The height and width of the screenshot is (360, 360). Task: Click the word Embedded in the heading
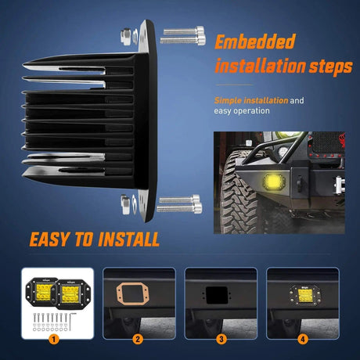[255, 41]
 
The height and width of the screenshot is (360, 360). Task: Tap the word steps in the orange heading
[330, 67]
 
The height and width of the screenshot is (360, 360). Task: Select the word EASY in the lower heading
[49, 239]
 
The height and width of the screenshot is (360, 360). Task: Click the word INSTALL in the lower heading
[129, 239]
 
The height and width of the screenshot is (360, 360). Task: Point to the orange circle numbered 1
[54, 340]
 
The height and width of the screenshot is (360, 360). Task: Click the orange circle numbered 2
[138, 340]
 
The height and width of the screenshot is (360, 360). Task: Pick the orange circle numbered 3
[221, 340]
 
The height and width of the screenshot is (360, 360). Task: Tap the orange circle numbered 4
[303, 340]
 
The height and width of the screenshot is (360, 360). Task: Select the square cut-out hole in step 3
[217, 295]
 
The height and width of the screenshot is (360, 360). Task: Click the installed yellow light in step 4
[304, 295]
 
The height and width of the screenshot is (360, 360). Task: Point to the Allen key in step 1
[71, 322]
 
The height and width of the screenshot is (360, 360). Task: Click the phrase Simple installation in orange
[251, 100]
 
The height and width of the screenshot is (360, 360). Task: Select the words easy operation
[242, 111]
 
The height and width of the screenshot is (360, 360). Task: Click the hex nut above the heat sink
[126, 36]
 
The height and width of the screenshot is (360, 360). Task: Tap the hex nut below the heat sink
[125, 204]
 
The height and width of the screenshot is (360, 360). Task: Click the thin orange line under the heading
[234, 85]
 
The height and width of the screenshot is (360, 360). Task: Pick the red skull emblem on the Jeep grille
[340, 142]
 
